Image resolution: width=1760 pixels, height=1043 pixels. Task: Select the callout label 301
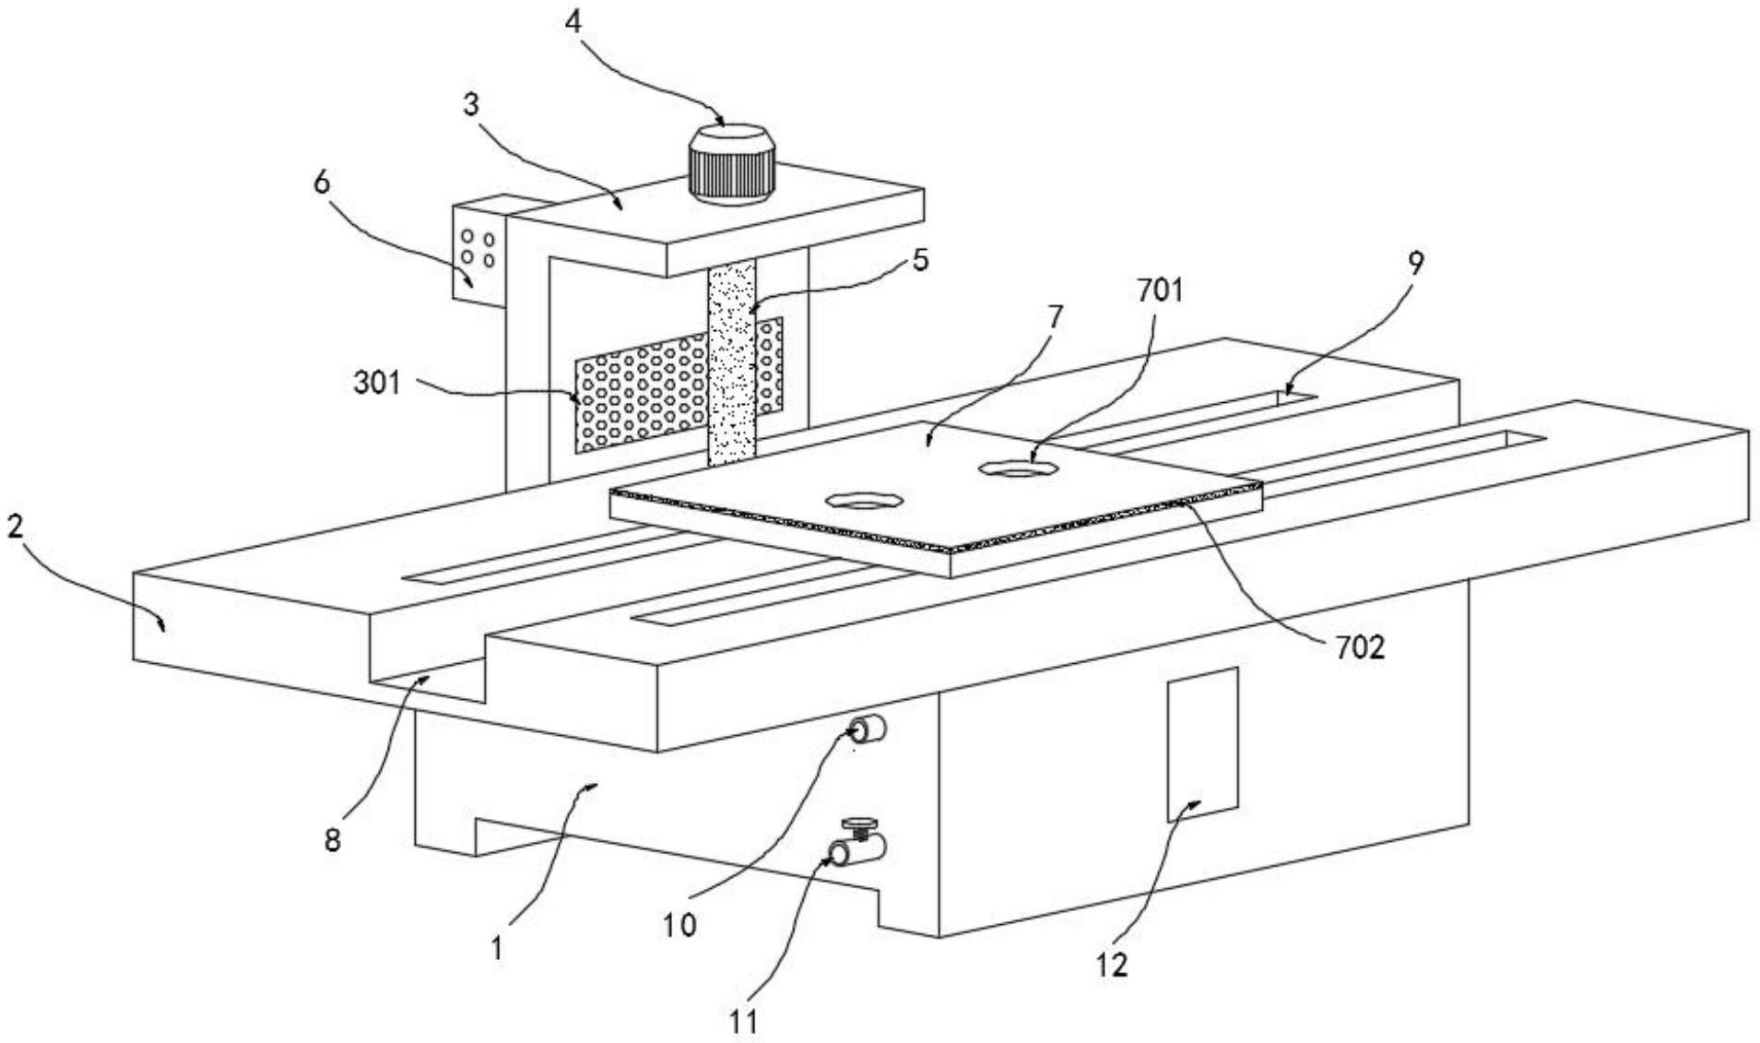click(x=378, y=382)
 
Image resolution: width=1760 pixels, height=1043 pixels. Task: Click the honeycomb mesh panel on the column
click(x=679, y=385)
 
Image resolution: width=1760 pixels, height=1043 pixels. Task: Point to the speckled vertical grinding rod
click(x=731, y=362)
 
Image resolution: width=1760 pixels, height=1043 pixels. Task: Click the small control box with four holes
click(x=478, y=246)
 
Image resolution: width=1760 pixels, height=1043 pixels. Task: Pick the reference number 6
click(x=320, y=183)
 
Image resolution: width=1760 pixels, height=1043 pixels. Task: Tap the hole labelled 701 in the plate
click(x=1018, y=469)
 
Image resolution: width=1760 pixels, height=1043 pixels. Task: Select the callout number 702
click(x=1359, y=647)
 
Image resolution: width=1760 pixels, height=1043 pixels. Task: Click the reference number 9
click(x=1415, y=264)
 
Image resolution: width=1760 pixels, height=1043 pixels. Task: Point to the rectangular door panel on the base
click(x=1202, y=744)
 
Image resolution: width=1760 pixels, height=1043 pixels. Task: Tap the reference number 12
click(x=1112, y=966)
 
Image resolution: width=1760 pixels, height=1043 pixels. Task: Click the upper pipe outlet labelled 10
click(x=869, y=731)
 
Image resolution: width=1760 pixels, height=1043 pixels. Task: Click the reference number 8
click(x=332, y=840)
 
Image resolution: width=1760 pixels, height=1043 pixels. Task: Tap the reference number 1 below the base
click(x=497, y=948)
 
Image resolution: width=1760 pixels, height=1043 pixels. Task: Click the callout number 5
click(x=920, y=260)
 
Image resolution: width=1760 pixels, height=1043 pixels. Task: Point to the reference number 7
click(x=1055, y=317)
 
